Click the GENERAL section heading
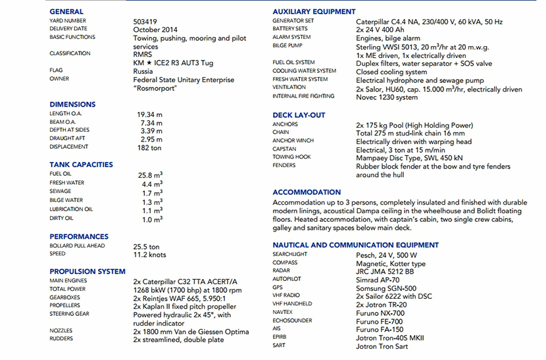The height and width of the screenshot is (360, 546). click(66, 12)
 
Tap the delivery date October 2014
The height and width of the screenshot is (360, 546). click(155, 30)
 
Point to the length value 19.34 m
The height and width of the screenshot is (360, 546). click(150, 114)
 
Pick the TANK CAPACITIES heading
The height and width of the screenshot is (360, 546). click(81, 165)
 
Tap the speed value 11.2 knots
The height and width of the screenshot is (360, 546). click(150, 255)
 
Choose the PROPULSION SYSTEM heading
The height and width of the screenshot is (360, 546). click(87, 271)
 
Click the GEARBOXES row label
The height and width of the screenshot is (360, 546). click(64, 297)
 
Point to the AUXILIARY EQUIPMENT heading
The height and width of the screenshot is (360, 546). click(314, 12)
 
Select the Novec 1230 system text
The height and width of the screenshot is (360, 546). click(387, 97)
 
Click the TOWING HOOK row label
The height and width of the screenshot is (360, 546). click(292, 157)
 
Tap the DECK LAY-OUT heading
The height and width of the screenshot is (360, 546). click(299, 115)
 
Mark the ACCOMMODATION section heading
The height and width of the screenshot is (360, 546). click(307, 193)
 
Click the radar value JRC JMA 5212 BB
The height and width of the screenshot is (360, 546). click(385, 272)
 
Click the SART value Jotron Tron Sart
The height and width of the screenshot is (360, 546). click(382, 347)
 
